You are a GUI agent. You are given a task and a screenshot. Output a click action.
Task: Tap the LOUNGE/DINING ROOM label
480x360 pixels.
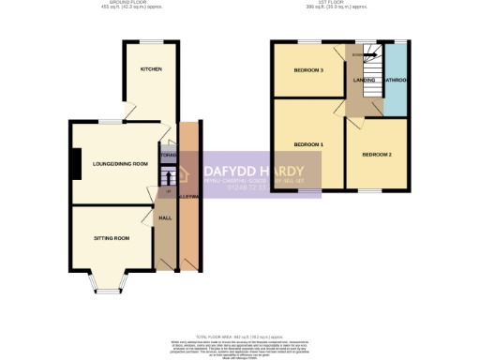(114, 164)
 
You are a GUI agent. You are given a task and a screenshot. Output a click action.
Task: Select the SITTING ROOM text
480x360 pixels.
(111, 238)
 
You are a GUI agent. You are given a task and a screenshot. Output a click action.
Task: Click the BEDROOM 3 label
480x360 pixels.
(308, 70)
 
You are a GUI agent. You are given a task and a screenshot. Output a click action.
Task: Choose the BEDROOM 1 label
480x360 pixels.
(308, 144)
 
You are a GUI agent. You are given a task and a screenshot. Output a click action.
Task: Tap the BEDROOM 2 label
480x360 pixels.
(376, 154)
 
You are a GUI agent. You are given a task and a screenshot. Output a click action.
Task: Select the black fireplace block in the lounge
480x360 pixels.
(70, 163)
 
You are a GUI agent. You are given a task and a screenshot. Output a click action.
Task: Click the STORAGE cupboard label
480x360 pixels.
(169, 155)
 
